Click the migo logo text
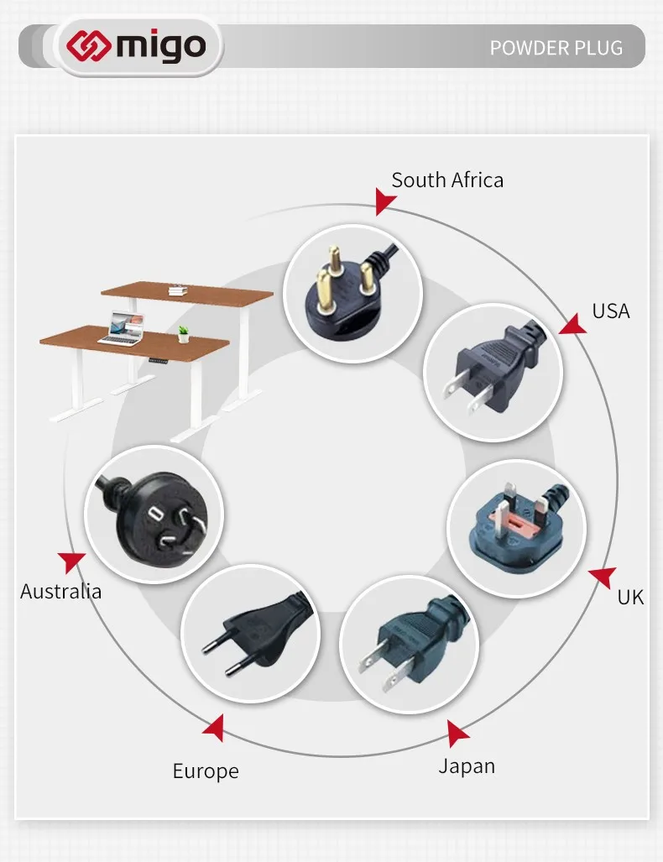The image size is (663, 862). coord(160,46)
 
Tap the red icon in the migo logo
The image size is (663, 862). coord(89,45)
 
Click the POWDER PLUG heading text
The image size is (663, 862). coord(556,48)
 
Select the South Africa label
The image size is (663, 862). coord(447,180)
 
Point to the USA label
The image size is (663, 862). coord(611,311)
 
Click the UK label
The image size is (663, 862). coord(630,597)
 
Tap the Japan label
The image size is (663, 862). coord(467,766)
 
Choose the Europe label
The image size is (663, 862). coord(206,771)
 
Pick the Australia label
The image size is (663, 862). coord(61,592)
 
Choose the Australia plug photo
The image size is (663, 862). coord(154,515)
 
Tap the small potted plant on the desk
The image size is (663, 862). coord(183,334)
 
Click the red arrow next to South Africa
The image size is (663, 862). coord(384,201)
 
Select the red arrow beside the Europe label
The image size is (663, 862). coord(214,728)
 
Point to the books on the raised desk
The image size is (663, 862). coord(178,290)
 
